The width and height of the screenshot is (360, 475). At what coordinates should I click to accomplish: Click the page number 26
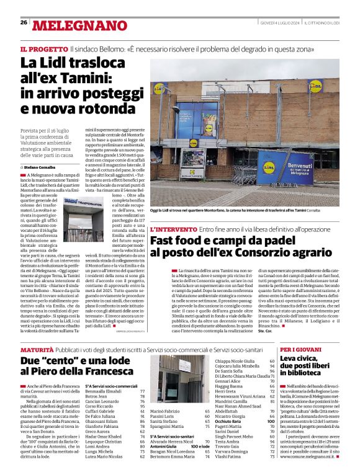pyautogui.click(x=23, y=23)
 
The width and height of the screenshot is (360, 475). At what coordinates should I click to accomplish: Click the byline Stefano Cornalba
pyautogui.click(x=40, y=167)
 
